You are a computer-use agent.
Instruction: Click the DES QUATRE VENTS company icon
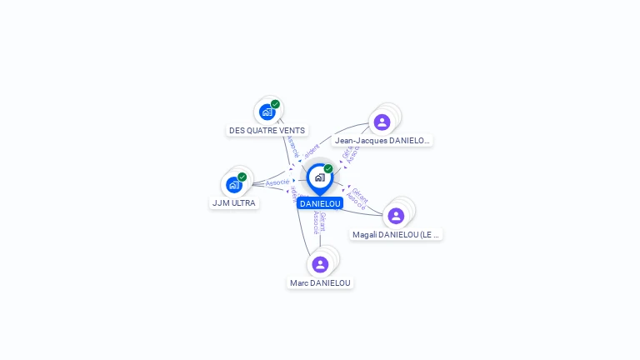[x=267, y=112]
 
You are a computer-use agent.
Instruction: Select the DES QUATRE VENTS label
[x=267, y=131]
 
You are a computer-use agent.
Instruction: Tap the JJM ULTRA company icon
[x=234, y=184]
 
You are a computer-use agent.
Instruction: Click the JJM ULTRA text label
[x=234, y=203]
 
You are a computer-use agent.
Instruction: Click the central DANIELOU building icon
[x=319, y=177]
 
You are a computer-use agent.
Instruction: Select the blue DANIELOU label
[x=320, y=203]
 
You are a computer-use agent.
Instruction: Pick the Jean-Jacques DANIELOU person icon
[x=382, y=122]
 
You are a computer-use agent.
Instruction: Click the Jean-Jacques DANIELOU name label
[x=382, y=141]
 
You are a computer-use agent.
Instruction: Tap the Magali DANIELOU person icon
[x=396, y=216]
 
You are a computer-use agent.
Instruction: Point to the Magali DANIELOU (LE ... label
[x=396, y=235]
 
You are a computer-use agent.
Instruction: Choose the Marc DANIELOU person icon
[x=320, y=264]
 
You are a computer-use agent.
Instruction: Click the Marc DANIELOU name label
[x=320, y=283]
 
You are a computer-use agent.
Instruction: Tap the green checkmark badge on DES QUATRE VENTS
[x=275, y=104]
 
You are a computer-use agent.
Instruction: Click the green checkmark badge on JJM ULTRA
[x=242, y=177]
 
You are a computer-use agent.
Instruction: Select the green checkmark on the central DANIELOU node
[x=328, y=169]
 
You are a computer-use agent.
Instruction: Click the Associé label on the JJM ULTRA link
[x=277, y=182]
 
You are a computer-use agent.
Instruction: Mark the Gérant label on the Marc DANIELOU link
[x=322, y=222]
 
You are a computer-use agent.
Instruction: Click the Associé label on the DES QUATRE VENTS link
[x=292, y=147]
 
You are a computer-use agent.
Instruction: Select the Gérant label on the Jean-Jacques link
[x=347, y=153]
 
